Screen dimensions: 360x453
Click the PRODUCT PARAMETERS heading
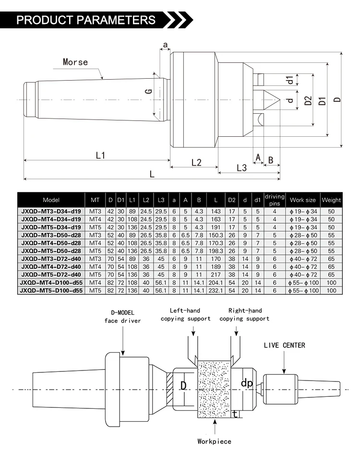[x=86, y=20]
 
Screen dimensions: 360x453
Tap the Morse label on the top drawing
[x=75, y=62]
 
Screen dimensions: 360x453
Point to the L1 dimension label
[x=100, y=155]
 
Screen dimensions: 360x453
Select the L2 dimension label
[x=196, y=162]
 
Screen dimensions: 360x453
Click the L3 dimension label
[x=241, y=168]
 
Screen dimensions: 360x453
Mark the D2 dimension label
[x=308, y=101]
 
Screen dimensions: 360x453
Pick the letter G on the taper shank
[x=148, y=91]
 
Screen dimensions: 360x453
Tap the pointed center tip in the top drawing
[x=280, y=100]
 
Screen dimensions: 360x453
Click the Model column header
[x=51, y=200]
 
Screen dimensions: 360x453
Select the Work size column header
[x=303, y=200]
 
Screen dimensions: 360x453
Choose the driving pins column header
[x=275, y=200]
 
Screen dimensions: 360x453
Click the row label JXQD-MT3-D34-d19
[x=51, y=212]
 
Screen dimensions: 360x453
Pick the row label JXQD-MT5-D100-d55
[x=51, y=291]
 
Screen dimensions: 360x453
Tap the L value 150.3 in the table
[x=216, y=235]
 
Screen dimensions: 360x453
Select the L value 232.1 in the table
[x=216, y=291]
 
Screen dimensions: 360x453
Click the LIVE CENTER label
[x=284, y=345]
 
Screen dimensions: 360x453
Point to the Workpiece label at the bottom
[x=215, y=441]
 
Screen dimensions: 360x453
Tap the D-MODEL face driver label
[x=122, y=317]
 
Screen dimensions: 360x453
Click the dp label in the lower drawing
[x=247, y=383]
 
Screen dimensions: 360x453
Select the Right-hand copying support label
[x=244, y=315]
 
